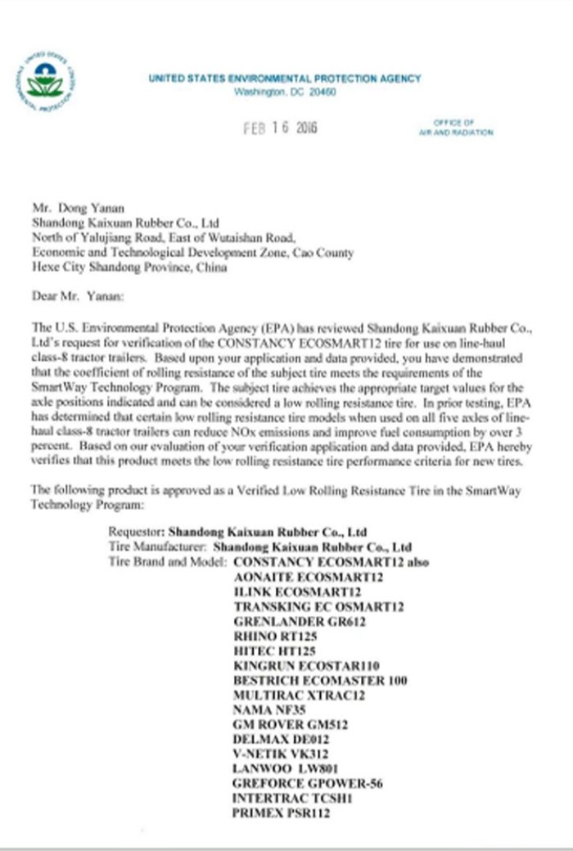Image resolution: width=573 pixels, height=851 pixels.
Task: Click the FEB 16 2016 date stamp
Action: [x=281, y=128]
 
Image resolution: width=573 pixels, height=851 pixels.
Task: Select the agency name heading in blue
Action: [x=285, y=79]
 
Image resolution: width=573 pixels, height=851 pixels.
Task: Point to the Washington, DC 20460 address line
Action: [x=285, y=92]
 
